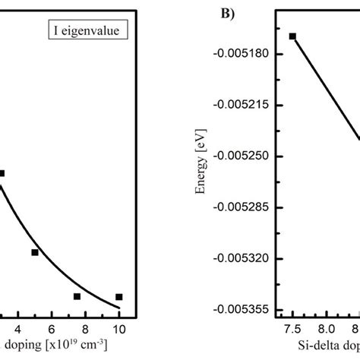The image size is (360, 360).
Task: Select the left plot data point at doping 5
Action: (35, 252)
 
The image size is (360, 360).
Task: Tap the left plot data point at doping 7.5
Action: (77, 296)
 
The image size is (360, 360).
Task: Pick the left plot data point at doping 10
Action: (119, 297)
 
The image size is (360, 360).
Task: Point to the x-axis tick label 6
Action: (51, 328)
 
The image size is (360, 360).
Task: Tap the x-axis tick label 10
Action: (118, 328)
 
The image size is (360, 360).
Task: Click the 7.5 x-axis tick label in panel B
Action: (292, 328)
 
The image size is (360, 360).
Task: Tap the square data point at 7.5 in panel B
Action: (292, 36)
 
